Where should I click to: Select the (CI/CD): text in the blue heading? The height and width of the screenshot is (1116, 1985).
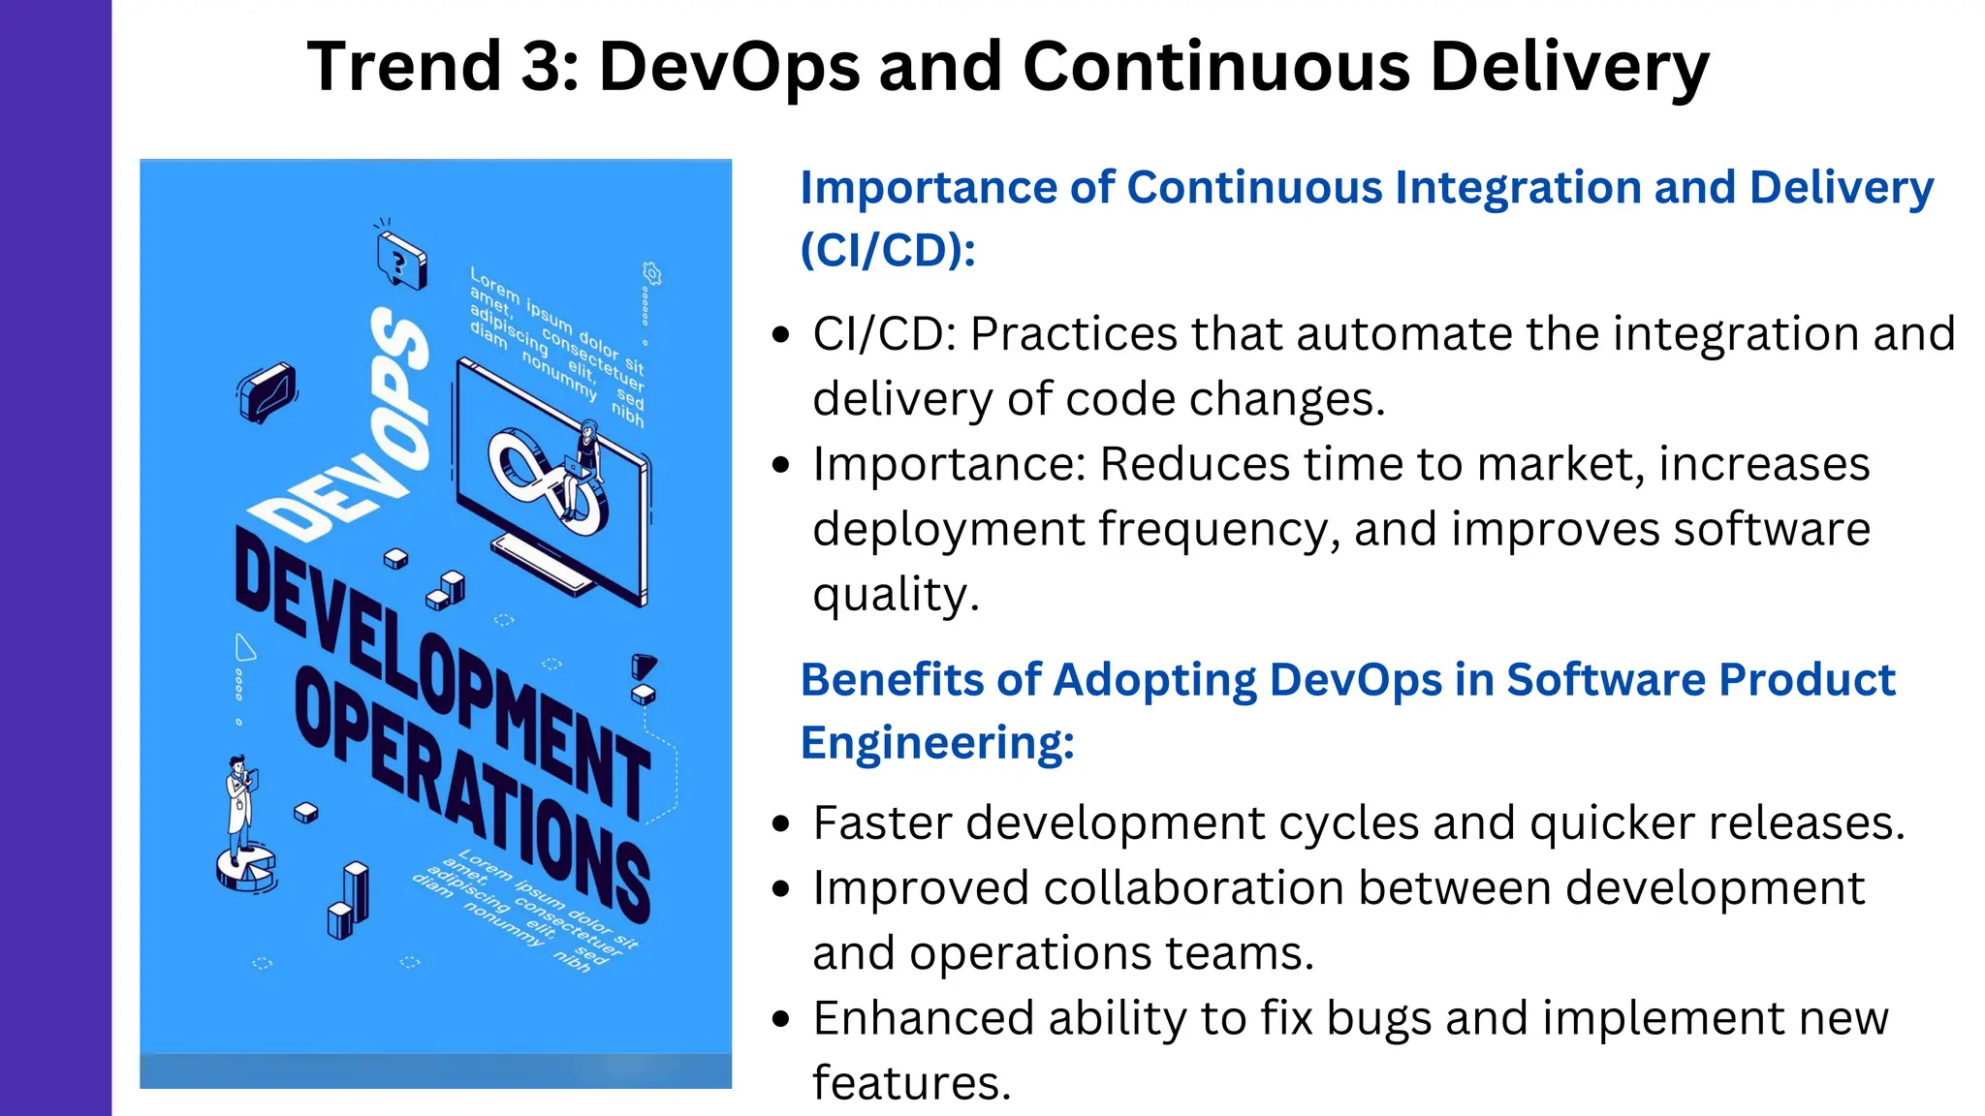pyautogui.click(x=887, y=250)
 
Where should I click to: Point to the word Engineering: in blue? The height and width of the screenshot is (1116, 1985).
pyautogui.click(x=937, y=743)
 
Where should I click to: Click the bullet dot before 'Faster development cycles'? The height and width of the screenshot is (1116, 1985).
pyautogui.click(x=781, y=824)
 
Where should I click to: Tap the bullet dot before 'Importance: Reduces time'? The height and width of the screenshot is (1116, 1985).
pyautogui.click(x=781, y=465)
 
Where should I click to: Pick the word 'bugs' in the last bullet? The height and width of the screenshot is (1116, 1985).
pyautogui.click(x=1382, y=1018)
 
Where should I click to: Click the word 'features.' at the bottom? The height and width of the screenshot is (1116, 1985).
pyautogui.click(x=911, y=1083)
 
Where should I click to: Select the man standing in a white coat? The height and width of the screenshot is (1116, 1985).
pyautogui.click(x=239, y=799)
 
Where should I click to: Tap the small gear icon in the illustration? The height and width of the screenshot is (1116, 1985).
pyautogui.click(x=652, y=274)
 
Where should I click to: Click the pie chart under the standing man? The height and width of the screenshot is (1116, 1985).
pyautogui.click(x=245, y=867)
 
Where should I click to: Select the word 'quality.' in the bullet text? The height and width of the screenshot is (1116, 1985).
pyautogui.click(x=895, y=595)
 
